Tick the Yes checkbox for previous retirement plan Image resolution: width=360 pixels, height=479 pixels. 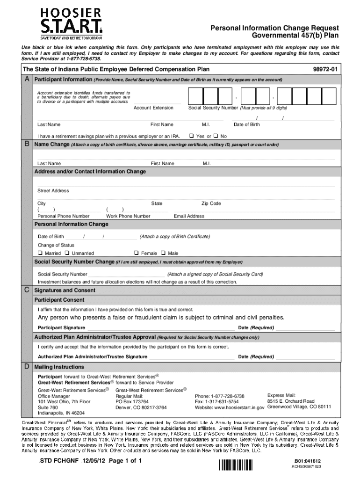click(191, 136)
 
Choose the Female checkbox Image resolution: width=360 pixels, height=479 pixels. click(137, 253)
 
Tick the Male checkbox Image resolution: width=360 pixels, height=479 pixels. click(164, 253)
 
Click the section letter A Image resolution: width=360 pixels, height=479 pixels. click(27, 79)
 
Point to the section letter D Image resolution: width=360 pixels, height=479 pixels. click(27, 366)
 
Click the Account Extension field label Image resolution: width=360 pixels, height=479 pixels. click(153, 108)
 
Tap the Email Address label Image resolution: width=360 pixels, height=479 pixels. click(189, 216)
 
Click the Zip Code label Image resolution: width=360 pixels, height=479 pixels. click(211, 203)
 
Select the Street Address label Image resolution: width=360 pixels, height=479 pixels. click(53, 191)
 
